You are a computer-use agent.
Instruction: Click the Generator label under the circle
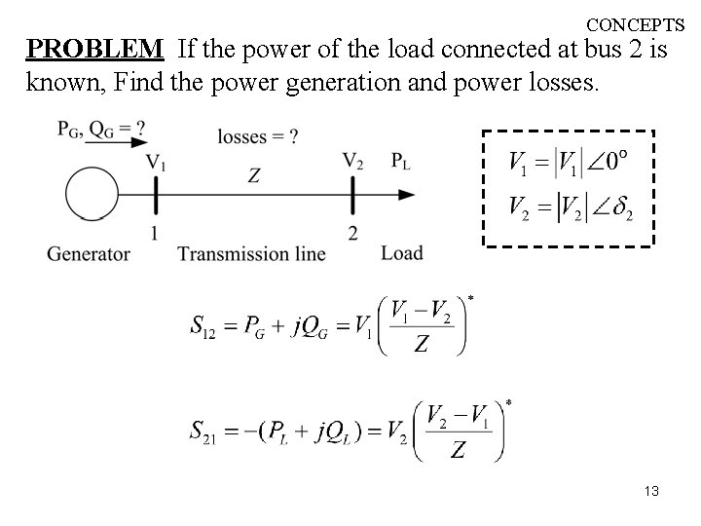(89, 254)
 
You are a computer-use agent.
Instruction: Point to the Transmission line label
(252, 254)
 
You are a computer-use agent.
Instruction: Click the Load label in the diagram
(402, 253)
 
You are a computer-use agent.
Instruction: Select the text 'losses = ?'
(258, 137)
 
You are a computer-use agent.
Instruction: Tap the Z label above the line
(253, 175)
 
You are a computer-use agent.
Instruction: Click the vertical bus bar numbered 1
(155, 195)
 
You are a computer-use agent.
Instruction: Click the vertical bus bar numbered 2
(352, 195)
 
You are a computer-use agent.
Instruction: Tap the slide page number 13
(651, 492)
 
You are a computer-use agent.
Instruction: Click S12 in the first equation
(203, 324)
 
